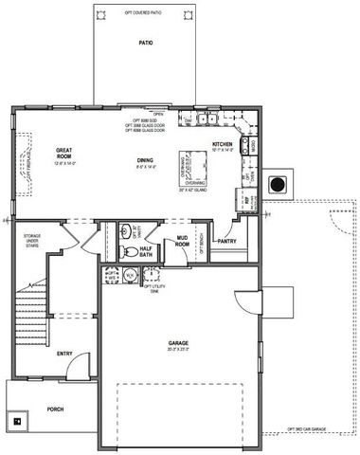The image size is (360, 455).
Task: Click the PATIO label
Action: (x=145, y=44)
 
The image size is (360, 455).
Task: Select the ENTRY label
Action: (x=64, y=354)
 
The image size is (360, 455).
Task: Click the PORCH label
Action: (x=55, y=410)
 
